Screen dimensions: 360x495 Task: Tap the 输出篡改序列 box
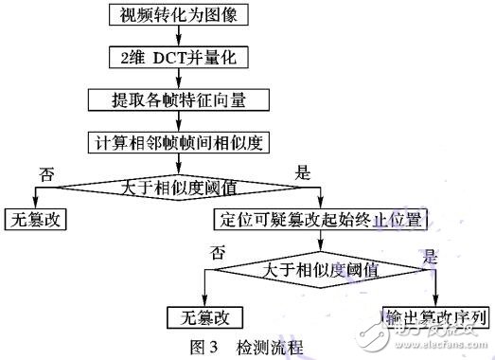pos(436,315)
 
